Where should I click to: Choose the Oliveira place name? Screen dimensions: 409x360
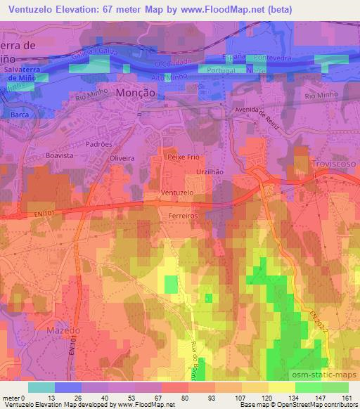click(122, 159)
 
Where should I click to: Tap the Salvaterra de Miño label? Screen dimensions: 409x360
click(25, 74)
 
